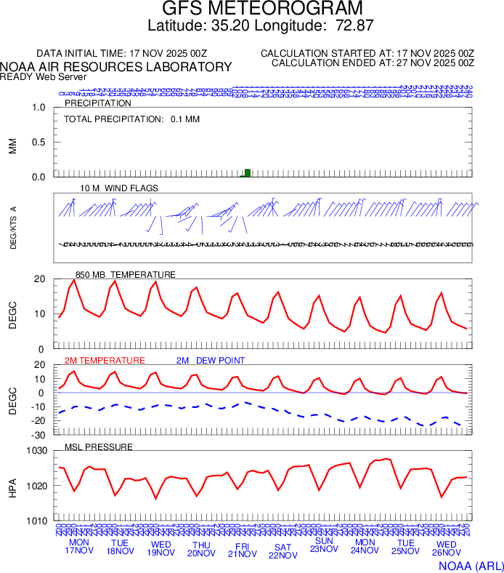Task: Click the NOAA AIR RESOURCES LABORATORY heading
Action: [116, 67]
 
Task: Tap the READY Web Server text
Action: [44, 76]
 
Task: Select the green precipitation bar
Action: [248, 173]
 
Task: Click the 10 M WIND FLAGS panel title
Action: [119, 188]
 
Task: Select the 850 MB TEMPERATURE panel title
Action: [125, 275]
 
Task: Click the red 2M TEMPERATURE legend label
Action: [105, 361]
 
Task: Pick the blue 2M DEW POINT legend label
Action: [211, 361]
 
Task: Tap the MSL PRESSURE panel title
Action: [99, 446]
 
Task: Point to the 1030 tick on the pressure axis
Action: [35, 452]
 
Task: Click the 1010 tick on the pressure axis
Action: [35, 521]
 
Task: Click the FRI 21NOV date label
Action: [242, 548]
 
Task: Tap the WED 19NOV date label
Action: [160, 548]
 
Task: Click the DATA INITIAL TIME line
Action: [122, 54]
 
